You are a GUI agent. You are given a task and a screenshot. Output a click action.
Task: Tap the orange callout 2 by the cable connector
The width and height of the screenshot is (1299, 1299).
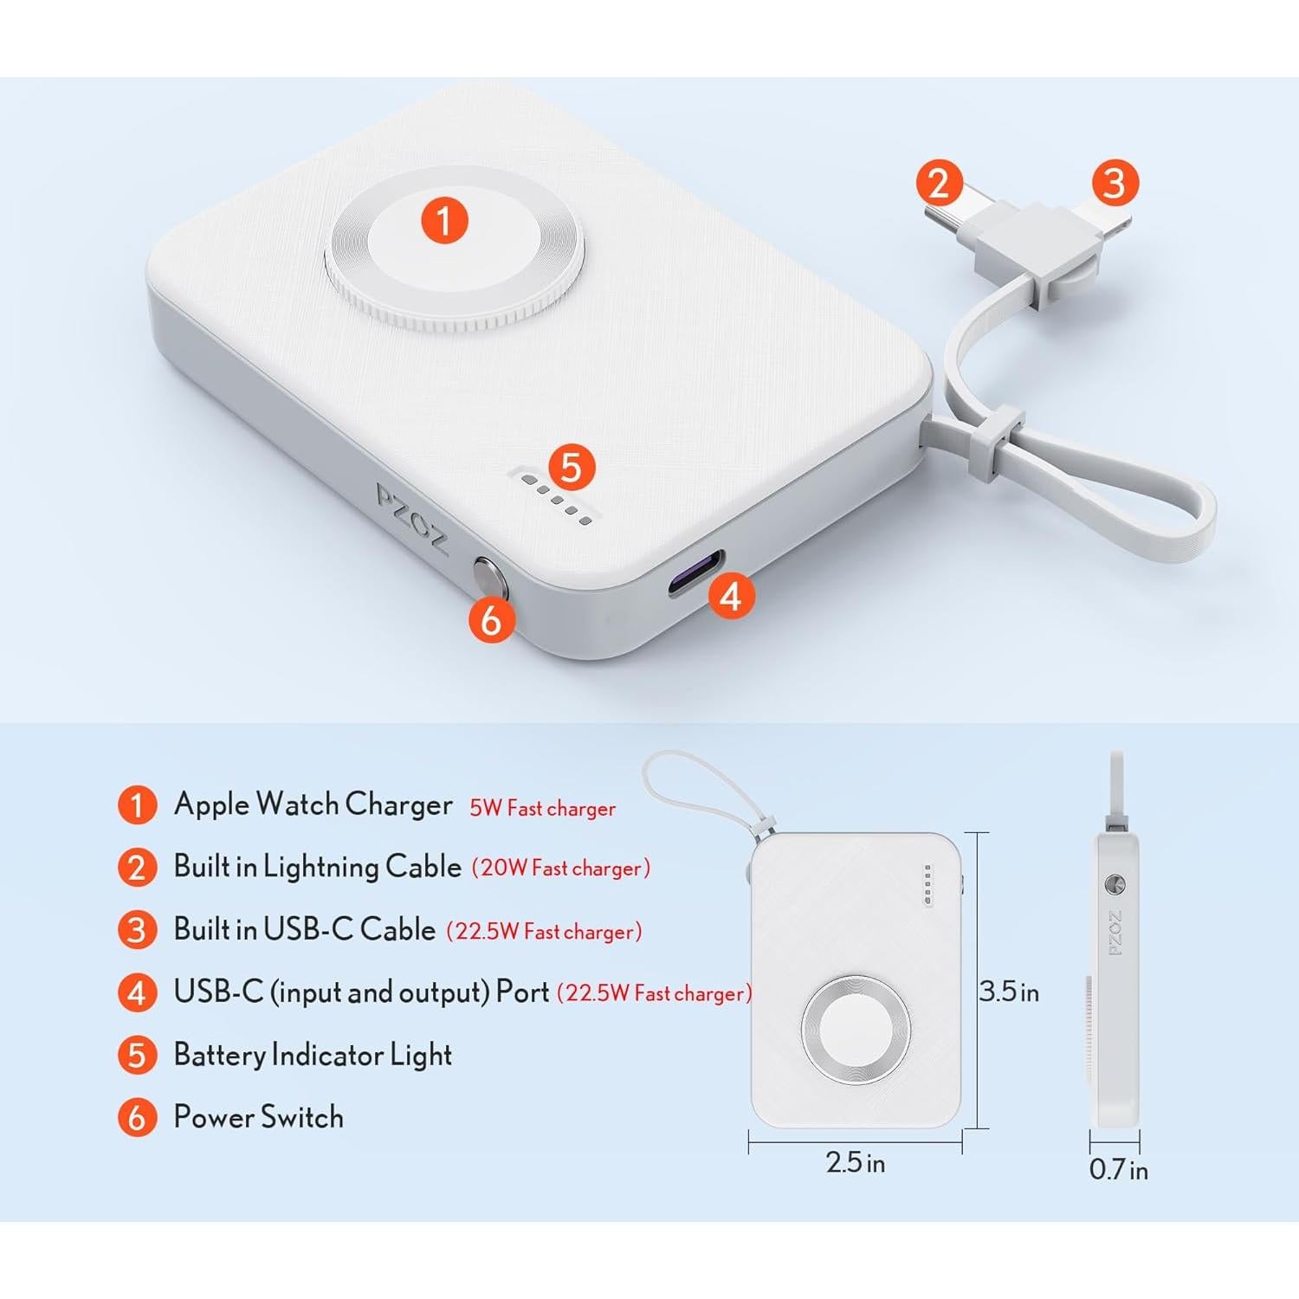pyautogui.click(x=940, y=184)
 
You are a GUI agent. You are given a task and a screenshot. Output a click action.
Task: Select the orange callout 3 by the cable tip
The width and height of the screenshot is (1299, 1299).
pyautogui.click(x=1115, y=183)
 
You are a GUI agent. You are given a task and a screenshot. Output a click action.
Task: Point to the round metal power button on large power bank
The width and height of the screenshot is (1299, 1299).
pyautogui.click(x=488, y=576)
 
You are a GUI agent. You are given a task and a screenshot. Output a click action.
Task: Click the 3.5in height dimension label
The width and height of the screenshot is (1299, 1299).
pyautogui.click(x=1009, y=991)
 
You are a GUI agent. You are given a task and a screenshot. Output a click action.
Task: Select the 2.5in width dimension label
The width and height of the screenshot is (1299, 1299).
pyautogui.click(x=855, y=1162)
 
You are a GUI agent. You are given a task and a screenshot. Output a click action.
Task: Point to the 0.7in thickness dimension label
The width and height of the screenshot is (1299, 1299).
pyautogui.click(x=1118, y=1169)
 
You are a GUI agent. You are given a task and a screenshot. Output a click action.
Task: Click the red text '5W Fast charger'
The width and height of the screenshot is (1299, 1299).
pyautogui.click(x=542, y=808)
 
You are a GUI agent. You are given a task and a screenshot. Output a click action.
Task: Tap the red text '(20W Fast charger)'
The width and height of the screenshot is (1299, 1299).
pyautogui.click(x=561, y=868)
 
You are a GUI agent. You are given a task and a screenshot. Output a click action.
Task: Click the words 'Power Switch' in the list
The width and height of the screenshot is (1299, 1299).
pyautogui.click(x=258, y=1117)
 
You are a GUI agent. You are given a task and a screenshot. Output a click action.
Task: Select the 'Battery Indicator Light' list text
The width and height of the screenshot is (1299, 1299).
pyautogui.click(x=313, y=1055)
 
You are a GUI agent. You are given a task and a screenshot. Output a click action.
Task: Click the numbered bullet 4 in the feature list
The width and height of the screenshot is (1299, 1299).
pyautogui.click(x=137, y=992)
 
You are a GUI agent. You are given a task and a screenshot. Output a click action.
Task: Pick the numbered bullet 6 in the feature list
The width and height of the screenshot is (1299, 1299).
pyautogui.click(x=137, y=1117)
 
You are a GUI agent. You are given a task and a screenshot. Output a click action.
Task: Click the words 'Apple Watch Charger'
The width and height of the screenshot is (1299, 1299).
pyautogui.click(x=313, y=805)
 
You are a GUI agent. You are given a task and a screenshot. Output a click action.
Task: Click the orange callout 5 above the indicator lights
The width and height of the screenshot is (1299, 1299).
pyautogui.click(x=571, y=468)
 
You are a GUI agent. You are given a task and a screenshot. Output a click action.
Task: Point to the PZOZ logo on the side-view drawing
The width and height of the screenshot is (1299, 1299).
pyautogui.click(x=1115, y=933)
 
